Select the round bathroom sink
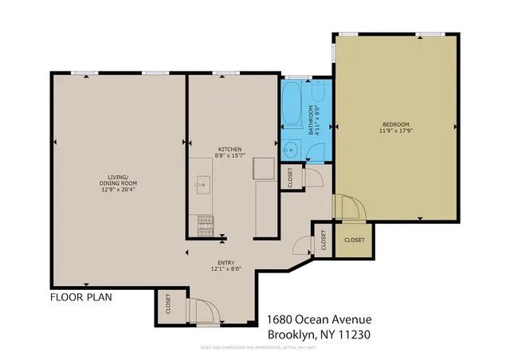292,149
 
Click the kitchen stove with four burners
205,225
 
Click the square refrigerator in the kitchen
264,170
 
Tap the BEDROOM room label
395,124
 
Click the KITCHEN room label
231,150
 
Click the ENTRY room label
227,262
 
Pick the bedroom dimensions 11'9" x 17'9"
395,131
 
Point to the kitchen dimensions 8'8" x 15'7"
231,156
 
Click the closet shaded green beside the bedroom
354,240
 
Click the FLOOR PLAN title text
80,297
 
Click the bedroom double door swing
351,209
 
